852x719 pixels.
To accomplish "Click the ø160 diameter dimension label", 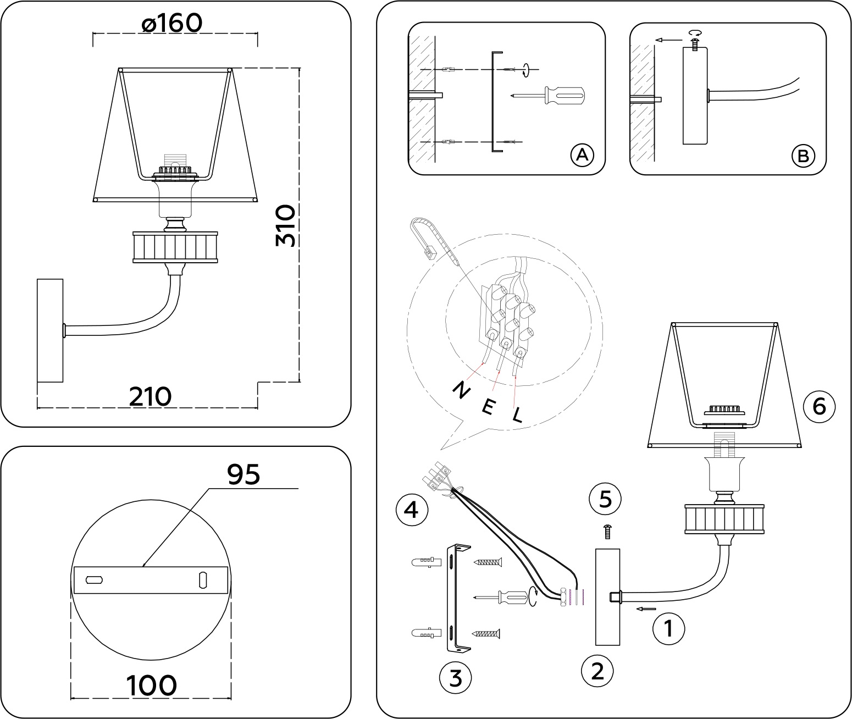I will click(172, 23).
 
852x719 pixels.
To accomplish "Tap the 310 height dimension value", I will click(286, 225).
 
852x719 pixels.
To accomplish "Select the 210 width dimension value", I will click(150, 396).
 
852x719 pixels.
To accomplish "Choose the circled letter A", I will click(582, 155).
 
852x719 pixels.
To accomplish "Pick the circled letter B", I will click(803, 156).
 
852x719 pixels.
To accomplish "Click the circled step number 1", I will click(668, 628).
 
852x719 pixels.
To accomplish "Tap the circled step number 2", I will click(597, 671).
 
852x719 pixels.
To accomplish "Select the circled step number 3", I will click(456, 678).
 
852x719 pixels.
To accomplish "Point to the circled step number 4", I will click(411, 510).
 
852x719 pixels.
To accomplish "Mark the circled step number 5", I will click(605, 499).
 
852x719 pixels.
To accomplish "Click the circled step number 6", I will click(818, 407).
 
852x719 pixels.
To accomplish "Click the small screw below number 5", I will click(607, 532).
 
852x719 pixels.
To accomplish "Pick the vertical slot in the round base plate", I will click(203, 580).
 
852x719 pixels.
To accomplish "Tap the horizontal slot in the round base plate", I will click(95, 579).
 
